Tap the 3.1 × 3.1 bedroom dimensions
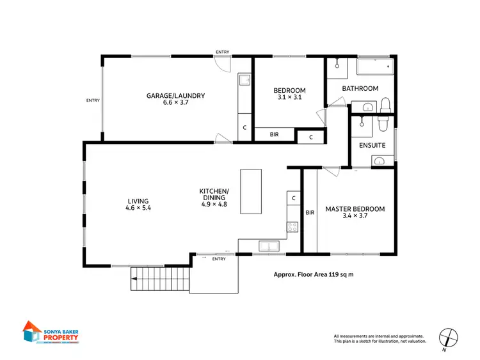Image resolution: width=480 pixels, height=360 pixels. pos(289,98)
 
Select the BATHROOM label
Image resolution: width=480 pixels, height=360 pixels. pos(360,88)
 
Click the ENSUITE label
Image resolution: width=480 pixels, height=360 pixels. pos(372,146)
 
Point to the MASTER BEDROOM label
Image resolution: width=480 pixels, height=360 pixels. pos(355,208)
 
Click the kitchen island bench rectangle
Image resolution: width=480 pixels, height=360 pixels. pos(251,191)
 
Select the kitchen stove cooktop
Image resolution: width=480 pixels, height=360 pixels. pos(293,226)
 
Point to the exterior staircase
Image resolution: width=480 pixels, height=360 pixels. pos(160,279)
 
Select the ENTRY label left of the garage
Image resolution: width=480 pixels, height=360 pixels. pos(93,100)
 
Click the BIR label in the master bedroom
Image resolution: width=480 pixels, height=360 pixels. pos(309,213)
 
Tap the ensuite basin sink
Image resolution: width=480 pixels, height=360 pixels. pos(378,160)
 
